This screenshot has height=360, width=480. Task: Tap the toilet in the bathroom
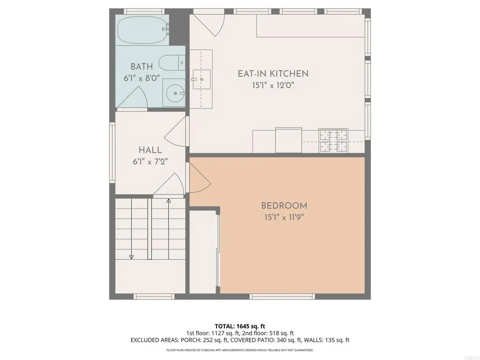170,62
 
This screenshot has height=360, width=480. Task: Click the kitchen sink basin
202,79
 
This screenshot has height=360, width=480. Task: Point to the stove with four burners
333,141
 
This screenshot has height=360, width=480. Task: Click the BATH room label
142,67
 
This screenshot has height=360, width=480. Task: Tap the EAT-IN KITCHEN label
273,74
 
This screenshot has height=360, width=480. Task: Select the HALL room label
150,150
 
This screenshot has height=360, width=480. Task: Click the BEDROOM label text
284,206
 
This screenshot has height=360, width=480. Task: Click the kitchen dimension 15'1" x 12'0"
273,85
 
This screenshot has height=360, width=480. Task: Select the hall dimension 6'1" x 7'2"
150,161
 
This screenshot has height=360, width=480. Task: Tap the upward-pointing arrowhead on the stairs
169,201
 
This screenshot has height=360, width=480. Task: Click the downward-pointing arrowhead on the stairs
131,256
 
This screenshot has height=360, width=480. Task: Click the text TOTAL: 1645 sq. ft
240,326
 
